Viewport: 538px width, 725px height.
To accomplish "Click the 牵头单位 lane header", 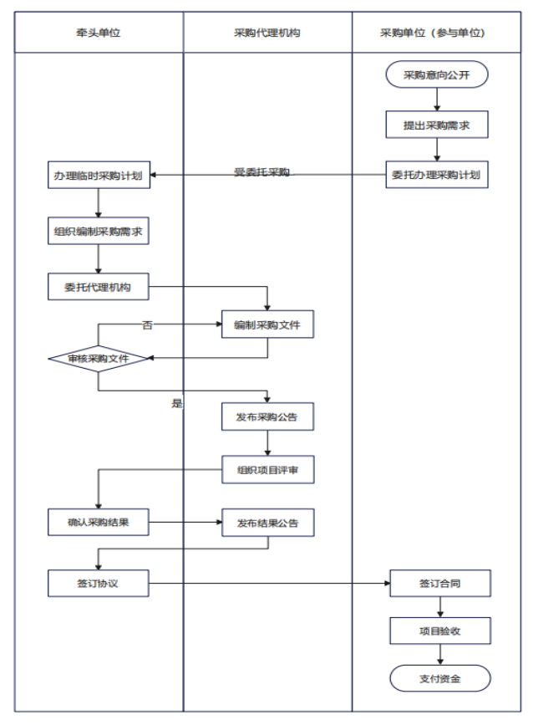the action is [99, 33].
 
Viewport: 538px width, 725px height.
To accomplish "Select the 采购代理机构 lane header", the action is [267, 33].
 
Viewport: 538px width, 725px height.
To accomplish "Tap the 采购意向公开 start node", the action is [437, 74].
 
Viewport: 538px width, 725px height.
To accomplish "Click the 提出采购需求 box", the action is [437, 125].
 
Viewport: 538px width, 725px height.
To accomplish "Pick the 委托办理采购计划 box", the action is [437, 175].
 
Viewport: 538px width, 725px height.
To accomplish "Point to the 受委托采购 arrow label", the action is [261, 172].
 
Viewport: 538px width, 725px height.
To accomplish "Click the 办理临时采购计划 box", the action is [99, 176].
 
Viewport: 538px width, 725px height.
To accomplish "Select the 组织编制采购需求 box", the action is [99, 231].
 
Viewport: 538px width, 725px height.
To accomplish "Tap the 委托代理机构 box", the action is [99, 287].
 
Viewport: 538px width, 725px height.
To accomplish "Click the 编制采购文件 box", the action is [267, 324].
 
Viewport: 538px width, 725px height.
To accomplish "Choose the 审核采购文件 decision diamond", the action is [98, 359].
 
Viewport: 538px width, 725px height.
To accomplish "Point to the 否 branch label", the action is [147, 325].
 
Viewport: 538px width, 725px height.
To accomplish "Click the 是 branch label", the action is [177, 403].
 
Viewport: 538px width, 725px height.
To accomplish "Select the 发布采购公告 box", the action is [267, 416].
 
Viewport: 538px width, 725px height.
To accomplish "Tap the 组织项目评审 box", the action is [268, 470].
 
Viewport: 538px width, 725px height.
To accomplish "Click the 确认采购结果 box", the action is [99, 523].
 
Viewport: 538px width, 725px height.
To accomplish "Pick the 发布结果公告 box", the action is [268, 523].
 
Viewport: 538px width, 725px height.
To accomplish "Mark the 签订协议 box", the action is [99, 584].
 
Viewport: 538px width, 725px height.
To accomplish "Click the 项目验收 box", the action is [440, 631].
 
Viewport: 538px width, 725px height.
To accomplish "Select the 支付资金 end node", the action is [440, 678].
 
